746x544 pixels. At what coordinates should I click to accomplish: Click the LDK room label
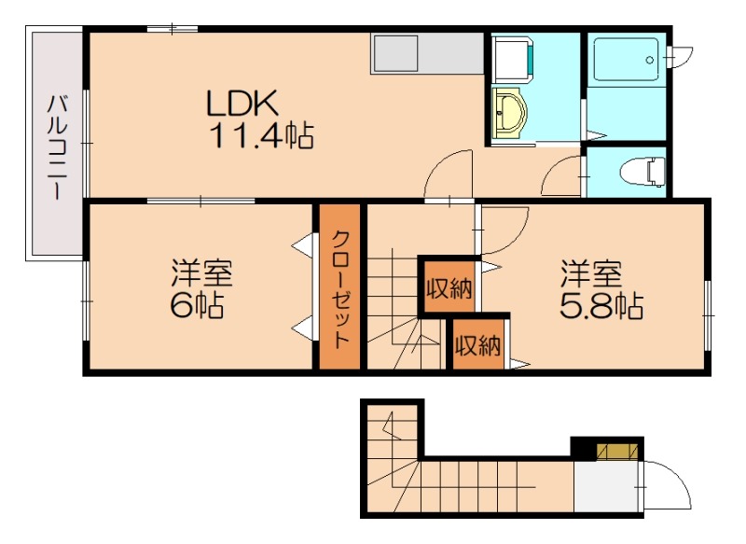(x=242, y=104)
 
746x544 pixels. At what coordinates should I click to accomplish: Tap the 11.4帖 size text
(x=261, y=135)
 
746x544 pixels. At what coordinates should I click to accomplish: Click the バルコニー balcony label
(x=57, y=147)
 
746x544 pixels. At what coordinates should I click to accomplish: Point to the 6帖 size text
(x=197, y=304)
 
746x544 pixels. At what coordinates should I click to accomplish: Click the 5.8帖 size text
(x=601, y=305)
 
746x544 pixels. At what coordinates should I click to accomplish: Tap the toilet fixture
(x=643, y=173)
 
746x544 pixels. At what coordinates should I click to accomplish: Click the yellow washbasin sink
(x=509, y=113)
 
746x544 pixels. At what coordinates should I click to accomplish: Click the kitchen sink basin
(x=395, y=53)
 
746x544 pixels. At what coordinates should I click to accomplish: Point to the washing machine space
(x=513, y=59)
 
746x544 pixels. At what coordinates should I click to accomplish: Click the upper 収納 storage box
(x=449, y=287)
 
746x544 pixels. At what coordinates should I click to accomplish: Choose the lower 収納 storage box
(x=478, y=344)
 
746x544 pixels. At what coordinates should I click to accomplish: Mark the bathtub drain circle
(x=650, y=60)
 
